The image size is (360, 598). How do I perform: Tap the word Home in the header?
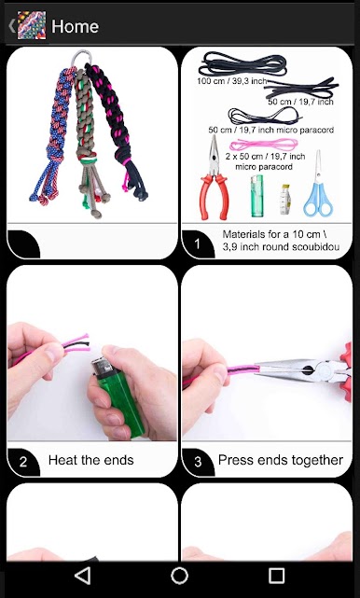coord(76,26)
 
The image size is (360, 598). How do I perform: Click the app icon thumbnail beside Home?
coord(32,25)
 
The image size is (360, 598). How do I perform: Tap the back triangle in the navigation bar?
coord(83,576)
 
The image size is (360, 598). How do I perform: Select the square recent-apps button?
coord(276,576)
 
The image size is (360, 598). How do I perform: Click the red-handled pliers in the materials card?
coord(214,178)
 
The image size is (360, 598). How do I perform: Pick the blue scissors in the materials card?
coord(318,184)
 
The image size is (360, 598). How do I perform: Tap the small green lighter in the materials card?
coord(257,196)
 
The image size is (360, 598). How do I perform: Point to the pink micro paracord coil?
coord(264,145)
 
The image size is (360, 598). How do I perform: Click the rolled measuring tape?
coord(285,200)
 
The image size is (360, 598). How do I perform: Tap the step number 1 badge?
coord(197,243)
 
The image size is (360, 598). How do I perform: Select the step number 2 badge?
coord(23,462)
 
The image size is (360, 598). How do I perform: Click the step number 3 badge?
coord(198,462)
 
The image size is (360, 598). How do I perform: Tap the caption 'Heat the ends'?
coord(91,460)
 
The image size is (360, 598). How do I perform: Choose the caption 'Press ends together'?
coord(281,460)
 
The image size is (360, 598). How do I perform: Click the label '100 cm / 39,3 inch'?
coord(232,81)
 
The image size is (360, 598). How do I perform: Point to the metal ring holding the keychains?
coord(81,58)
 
